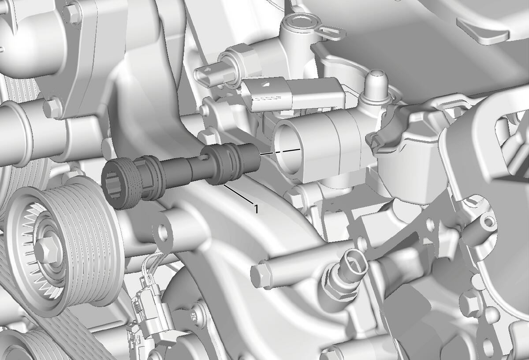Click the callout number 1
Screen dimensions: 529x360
click(256, 209)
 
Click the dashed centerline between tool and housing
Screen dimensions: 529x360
click(280, 152)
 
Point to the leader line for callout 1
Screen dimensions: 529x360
click(238, 194)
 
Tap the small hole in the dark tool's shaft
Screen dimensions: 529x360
click(204, 156)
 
